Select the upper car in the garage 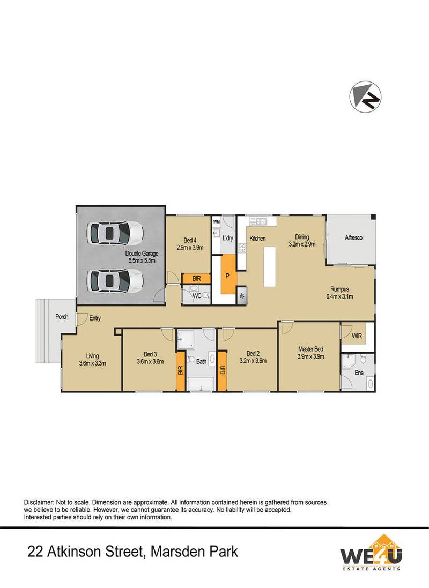pyautogui.click(x=115, y=233)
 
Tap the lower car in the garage pyautogui.click(x=115, y=279)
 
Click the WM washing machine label pyautogui.click(x=217, y=221)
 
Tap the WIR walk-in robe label pyautogui.click(x=357, y=336)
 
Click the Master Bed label pyautogui.click(x=310, y=349)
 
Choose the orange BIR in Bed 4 pyautogui.click(x=191, y=279)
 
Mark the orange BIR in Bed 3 pyautogui.click(x=181, y=370)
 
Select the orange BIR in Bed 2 pyautogui.click(x=221, y=370)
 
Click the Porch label pyautogui.click(x=62, y=317)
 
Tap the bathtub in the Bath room pyautogui.click(x=201, y=383)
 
